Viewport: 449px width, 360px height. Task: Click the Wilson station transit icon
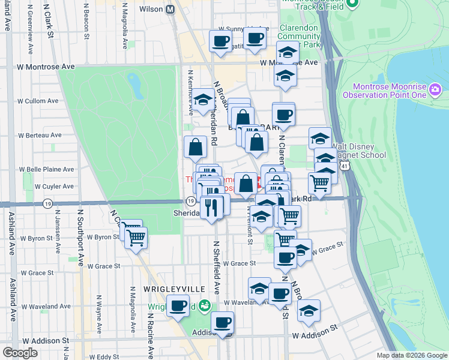[170, 9]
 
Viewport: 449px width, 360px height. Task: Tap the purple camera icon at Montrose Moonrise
[435, 91]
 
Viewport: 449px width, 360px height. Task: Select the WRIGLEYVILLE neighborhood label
[166, 289]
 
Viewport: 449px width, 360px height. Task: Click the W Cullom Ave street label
[39, 101]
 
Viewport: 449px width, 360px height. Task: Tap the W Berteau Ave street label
[40, 135]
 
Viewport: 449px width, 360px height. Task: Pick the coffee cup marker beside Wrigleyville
[178, 305]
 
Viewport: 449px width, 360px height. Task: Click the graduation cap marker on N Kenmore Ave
[203, 99]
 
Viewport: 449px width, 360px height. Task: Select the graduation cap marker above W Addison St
[309, 311]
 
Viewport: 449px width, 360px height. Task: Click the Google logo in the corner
[20, 353]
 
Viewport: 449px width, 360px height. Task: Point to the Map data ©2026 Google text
[411, 355]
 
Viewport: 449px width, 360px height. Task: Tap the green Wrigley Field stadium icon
[205, 306]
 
